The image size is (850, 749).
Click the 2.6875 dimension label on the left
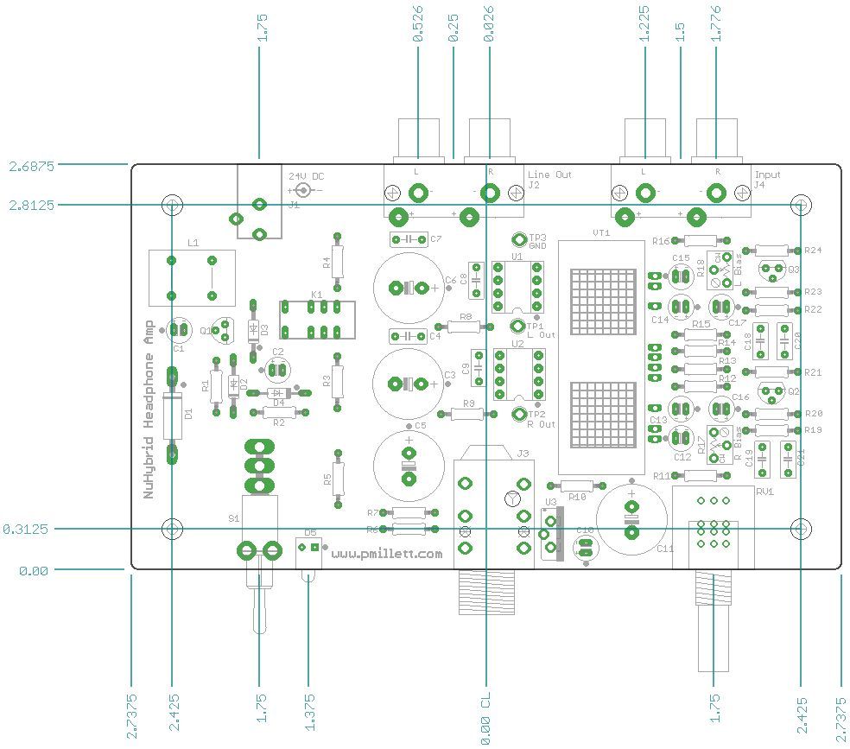pyautogui.click(x=31, y=165)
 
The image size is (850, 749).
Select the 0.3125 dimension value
pyautogui.click(x=26, y=529)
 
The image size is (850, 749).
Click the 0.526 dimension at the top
pyautogui.click(x=418, y=25)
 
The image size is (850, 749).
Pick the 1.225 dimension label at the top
pyautogui.click(x=645, y=25)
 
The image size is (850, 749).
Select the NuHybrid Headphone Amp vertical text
pyautogui.click(x=150, y=406)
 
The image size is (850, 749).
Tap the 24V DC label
pyautogui.click(x=307, y=175)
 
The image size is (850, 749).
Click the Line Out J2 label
pyautogui.click(x=549, y=180)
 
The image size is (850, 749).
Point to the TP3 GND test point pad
pyautogui.click(x=519, y=240)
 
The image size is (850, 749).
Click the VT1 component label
pyautogui.click(x=601, y=233)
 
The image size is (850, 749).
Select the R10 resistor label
pyautogui.click(x=578, y=497)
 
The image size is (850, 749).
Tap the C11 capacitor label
pyautogui.click(x=665, y=549)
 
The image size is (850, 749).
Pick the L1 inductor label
pyautogui.click(x=192, y=244)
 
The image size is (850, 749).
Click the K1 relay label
pyautogui.click(x=317, y=295)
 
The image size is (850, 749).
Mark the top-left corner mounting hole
pyautogui.click(x=172, y=205)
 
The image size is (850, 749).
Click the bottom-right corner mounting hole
pyautogui.click(x=802, y=529)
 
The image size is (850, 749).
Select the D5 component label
pyautogui.click(x=310, y=533)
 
